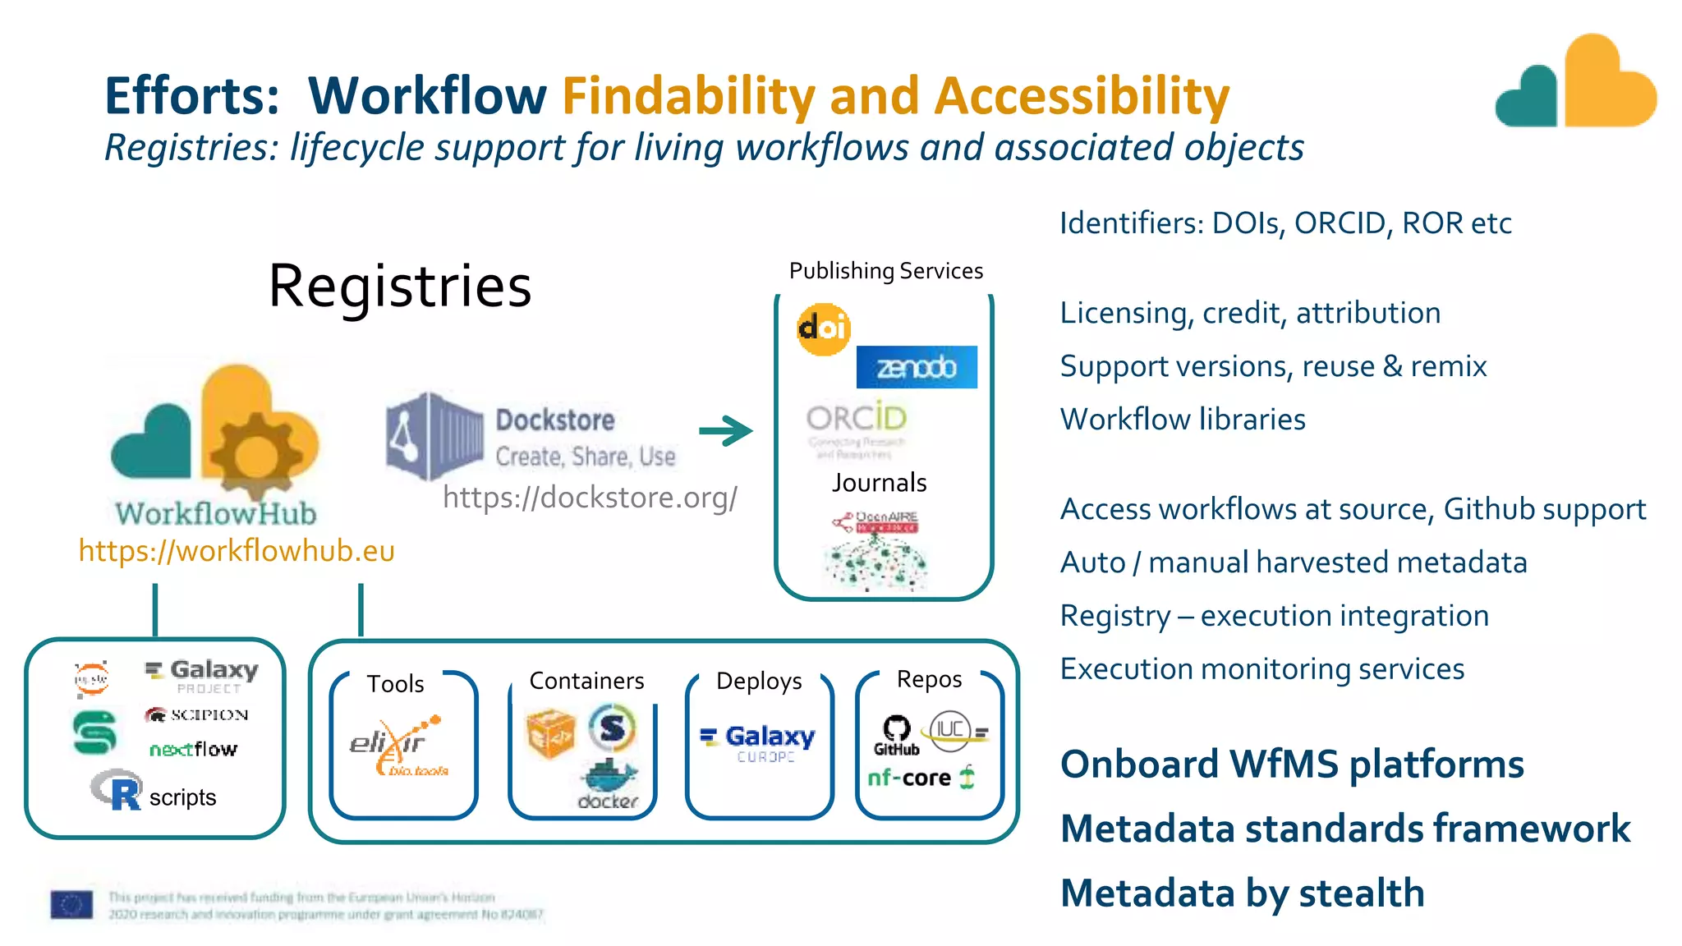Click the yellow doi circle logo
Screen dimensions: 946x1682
click(823, 329)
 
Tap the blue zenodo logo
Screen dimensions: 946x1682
click(917, 367)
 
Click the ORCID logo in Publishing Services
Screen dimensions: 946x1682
click(856, 420)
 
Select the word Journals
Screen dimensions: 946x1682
click(879, 483)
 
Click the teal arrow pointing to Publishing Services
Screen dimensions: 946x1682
click(726, 430)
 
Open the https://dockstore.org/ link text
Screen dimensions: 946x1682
click(590, 498)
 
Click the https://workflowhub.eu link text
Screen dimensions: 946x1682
click(237, 551)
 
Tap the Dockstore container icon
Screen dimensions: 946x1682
click(434, 436)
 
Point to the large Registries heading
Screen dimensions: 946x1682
click(400, 286)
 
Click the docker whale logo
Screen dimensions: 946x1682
click(609, 783)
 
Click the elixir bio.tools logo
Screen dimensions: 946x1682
click(399, 746)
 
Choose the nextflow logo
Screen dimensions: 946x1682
click(194, 749)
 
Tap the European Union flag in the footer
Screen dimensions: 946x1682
click(71, 905)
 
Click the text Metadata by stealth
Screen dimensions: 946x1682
click(1242, 893)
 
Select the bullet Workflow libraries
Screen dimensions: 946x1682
click(1183, 420)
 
